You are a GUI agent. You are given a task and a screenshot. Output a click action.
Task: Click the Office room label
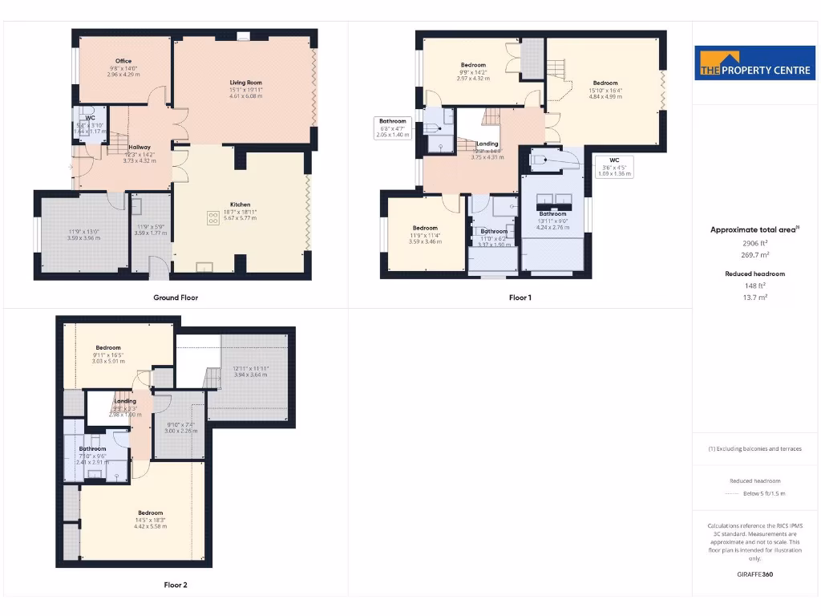point(123,61)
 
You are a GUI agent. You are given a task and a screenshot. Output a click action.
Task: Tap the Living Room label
point(246,83)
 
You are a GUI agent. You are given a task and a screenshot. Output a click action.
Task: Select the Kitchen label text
point(241,205)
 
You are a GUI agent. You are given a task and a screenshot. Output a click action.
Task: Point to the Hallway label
point(140,147)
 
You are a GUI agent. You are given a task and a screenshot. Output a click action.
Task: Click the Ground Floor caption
point(176,298)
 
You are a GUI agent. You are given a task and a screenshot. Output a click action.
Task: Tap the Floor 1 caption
point(520,298)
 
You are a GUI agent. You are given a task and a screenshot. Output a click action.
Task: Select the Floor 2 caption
point(176,585)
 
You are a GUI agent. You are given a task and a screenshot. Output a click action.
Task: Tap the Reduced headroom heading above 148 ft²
point(754,274)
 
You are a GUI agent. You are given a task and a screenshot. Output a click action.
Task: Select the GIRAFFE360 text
point(754,574)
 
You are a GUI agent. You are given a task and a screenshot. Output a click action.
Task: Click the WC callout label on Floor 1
point(614,160)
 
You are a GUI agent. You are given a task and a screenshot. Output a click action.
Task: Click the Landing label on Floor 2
point(125,401)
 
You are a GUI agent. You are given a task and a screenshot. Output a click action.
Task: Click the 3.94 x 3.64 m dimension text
point(250,375)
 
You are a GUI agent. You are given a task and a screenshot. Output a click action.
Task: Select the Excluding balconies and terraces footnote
point(754,448)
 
